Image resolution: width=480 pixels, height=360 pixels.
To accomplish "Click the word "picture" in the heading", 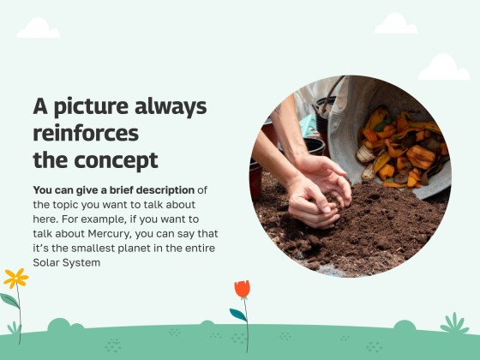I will point(92,107).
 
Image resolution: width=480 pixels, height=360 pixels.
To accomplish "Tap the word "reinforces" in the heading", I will point(86,134).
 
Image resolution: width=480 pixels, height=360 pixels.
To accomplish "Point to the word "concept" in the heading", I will point(116,160).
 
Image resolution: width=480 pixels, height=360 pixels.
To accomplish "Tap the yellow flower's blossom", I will point(15,278).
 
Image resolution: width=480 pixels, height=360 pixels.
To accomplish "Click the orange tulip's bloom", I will point(243,289).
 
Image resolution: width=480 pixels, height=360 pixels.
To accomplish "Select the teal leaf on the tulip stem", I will point(237,315).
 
